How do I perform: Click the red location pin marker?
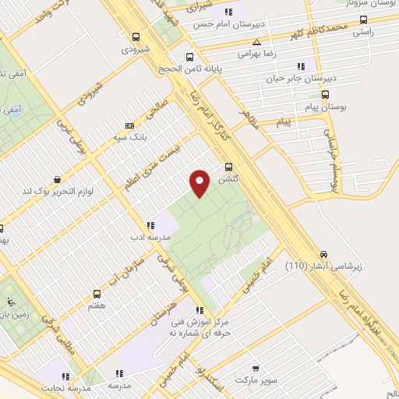click(199, 182)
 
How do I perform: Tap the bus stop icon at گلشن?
click(229, 167)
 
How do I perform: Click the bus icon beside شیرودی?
click(136, 37)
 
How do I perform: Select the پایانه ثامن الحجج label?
click(209, 68)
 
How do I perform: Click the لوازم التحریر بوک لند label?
click(79, 190)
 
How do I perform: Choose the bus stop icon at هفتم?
click(97, 295)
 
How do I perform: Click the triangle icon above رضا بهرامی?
click(256, 43)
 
